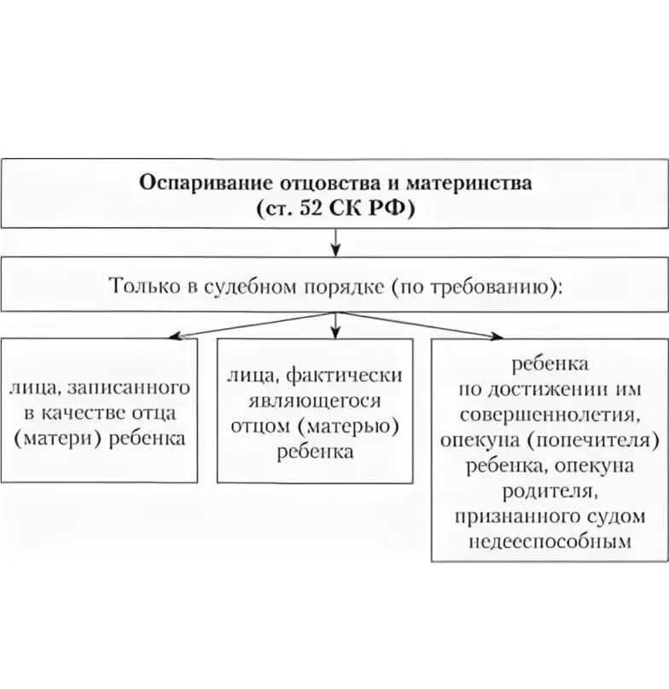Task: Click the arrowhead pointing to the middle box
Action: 335,331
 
